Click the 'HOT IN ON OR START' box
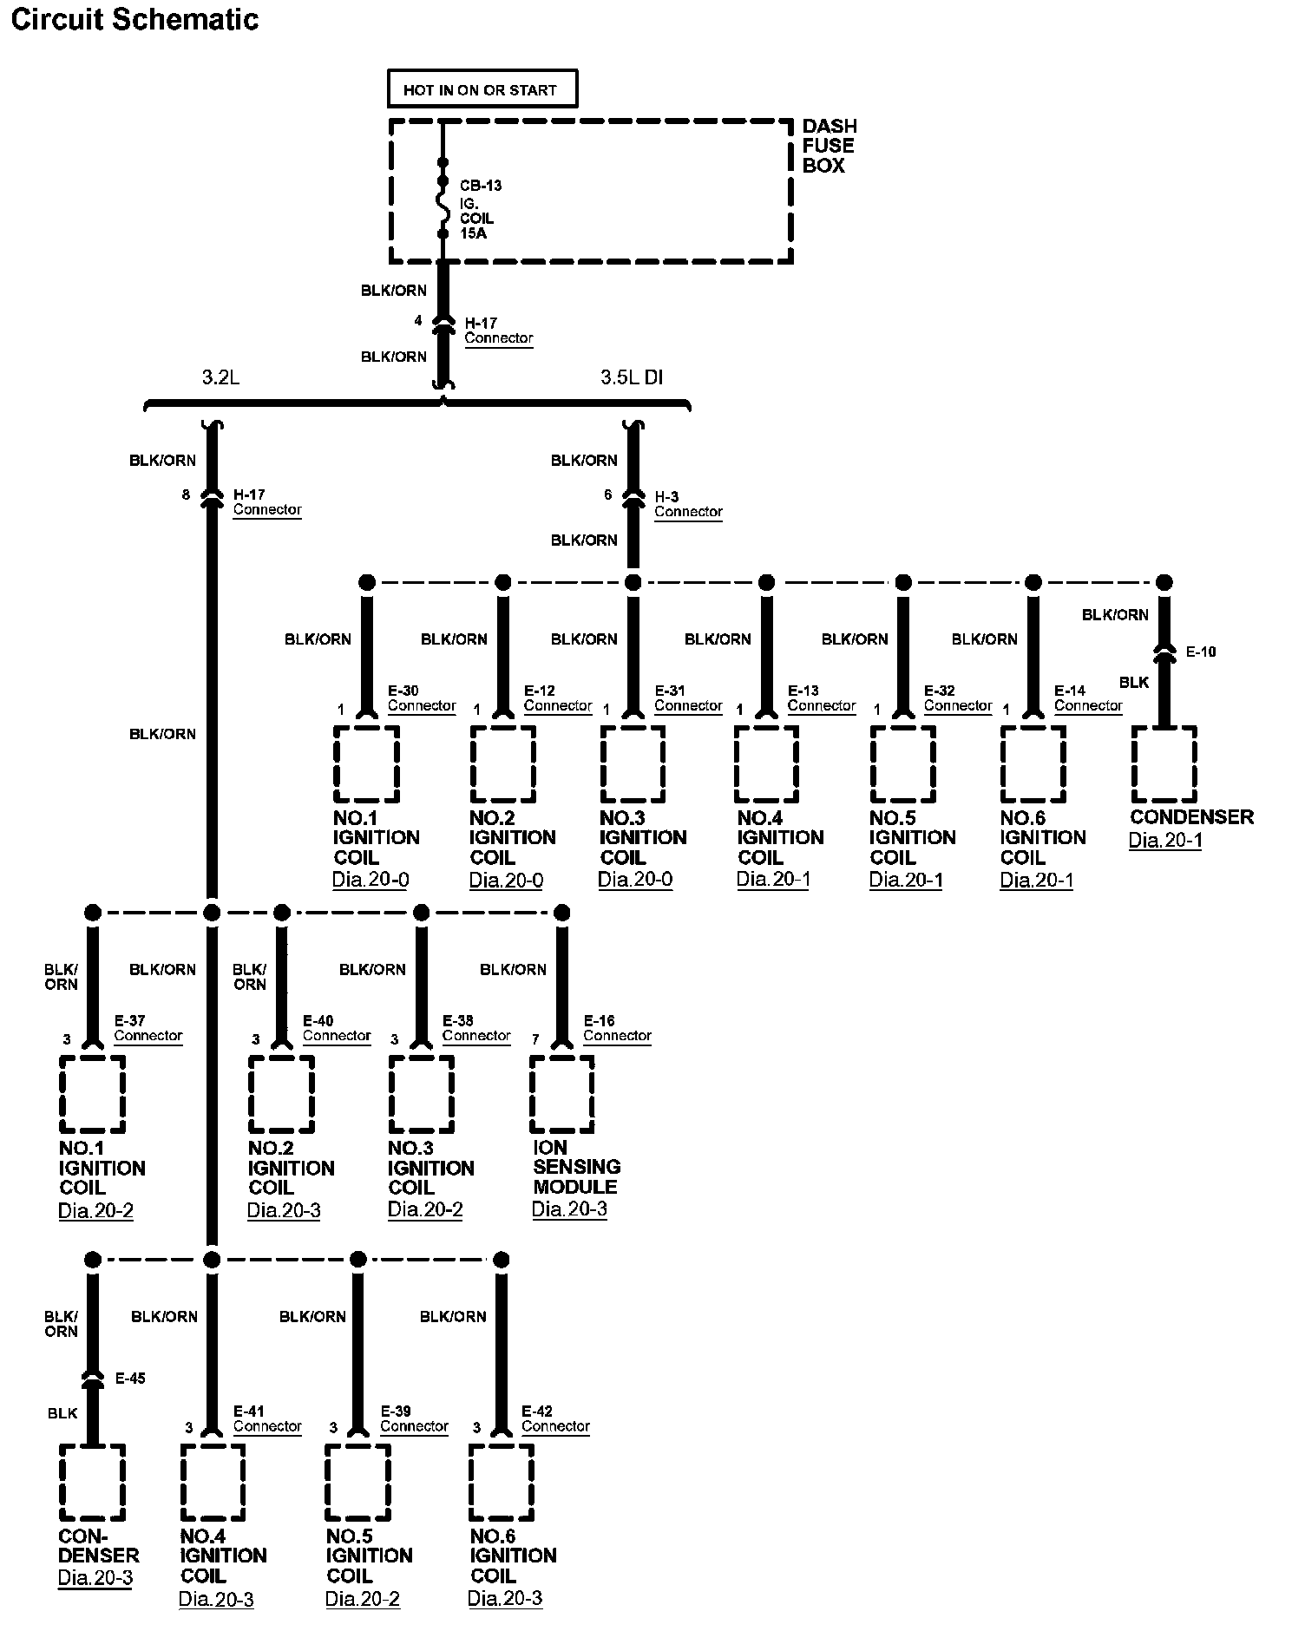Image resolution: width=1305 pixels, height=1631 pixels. (x=482, y=89)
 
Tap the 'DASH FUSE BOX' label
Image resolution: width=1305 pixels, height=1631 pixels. (x=828, y=146)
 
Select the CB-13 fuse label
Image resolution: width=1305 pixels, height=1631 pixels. (x=480, y=186)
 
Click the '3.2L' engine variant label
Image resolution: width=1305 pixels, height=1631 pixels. (x=220, y=378)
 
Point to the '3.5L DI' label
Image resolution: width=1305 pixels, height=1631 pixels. (x=633, y=378)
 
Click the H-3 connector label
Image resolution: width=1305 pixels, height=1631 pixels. (x=688, y=504)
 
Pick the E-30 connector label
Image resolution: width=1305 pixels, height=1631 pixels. (x=421, y=698)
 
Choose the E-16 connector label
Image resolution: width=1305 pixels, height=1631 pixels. (x=616, y=1028)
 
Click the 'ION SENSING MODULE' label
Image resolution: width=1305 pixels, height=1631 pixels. (x=576, y=1167)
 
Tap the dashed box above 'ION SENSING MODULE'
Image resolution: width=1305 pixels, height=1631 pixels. (x=561, y=1094)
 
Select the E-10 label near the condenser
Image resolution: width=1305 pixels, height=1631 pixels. (x=1201, y=652)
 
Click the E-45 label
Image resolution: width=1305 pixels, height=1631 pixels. (x=130, y=1379)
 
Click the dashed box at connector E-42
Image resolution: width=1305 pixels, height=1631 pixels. (x=501, y=1483)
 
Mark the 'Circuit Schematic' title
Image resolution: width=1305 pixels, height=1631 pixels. (x=134, y=19)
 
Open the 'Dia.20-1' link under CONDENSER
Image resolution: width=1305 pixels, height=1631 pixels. (x=1165, y=840)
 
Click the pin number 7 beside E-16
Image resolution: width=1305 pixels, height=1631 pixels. (x=535, y=1039)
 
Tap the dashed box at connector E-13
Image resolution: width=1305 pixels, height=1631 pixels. (x=766, y=764)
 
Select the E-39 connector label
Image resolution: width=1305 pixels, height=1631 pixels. (x=413, y=1418)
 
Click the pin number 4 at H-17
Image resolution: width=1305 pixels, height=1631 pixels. (x=418, y=321)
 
